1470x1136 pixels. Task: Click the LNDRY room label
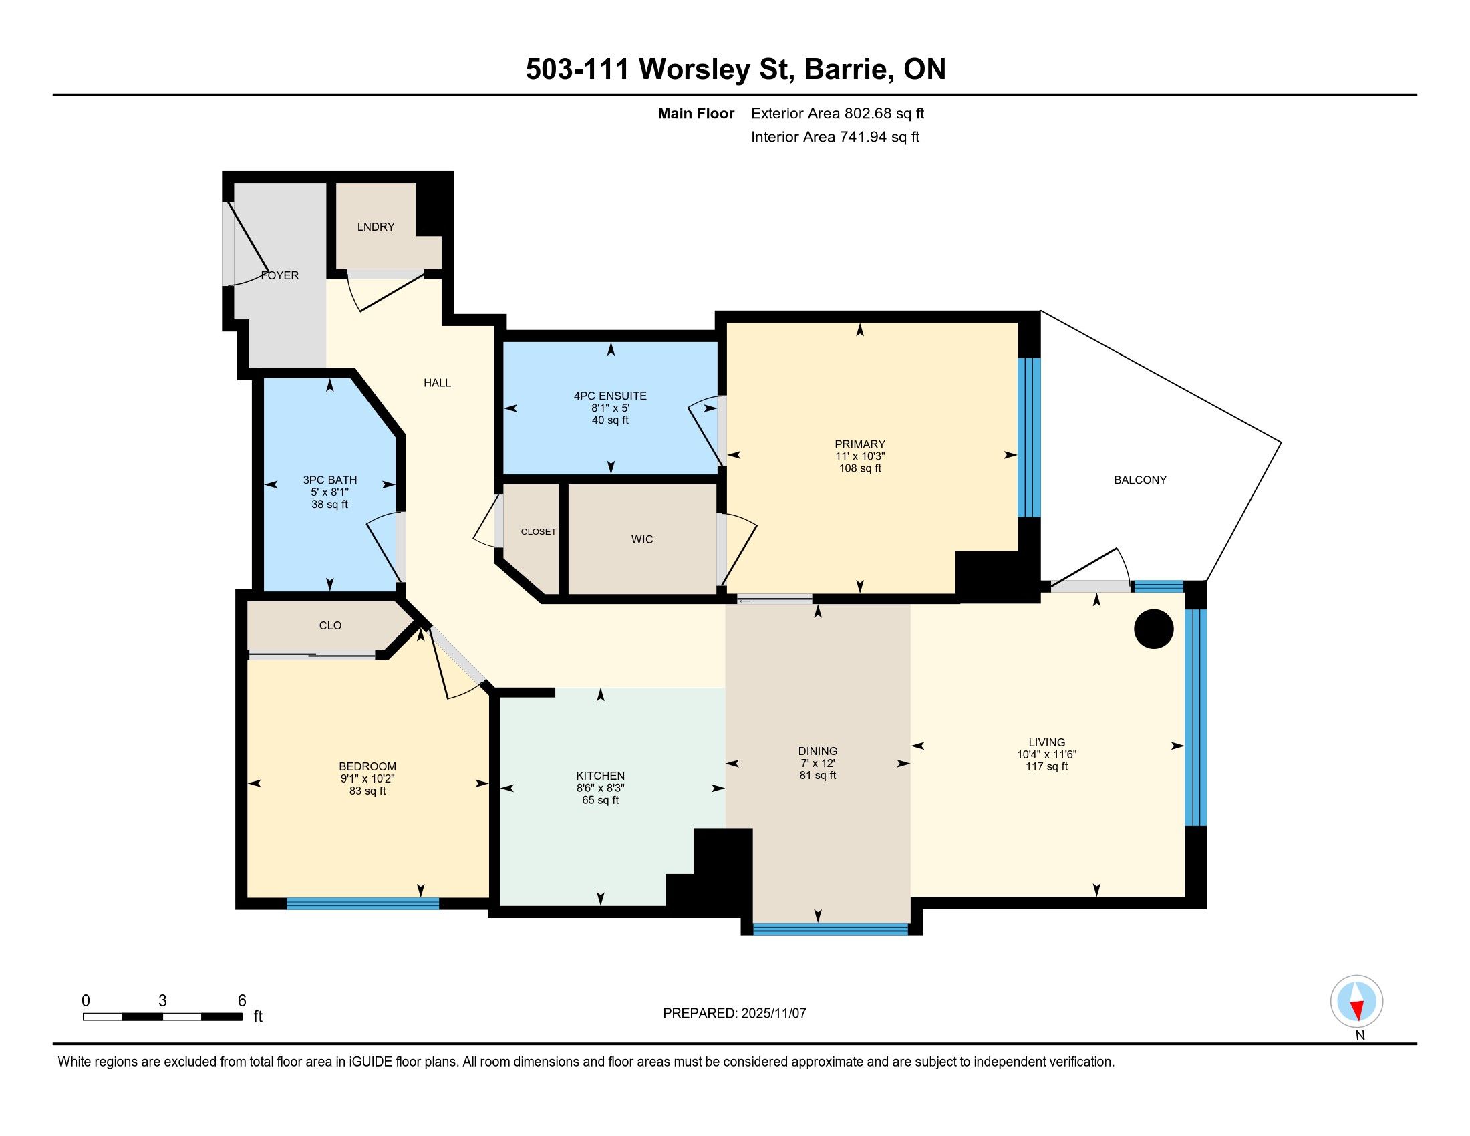pyautogui.click(x=376, y=227)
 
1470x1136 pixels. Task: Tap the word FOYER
pyautogui.click(x=280, y=275)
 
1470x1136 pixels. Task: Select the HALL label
pyautogui.click(x=438, y=383)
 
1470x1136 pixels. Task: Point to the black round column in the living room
pyautogui.click(x=1154, y=629)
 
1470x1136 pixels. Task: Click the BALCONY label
pyautogui.click(x=1140, y=480)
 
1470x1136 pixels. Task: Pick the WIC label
pyautogui.click(x=642, y=539)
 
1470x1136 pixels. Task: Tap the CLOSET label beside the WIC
pyautogui.click(x=539, y=532)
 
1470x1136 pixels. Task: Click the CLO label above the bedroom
pyautogui.click(x=331, y=626)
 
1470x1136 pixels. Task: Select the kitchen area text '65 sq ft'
pyautogui.click(x=601, y=800)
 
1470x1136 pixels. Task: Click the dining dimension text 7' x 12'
pyautogui.click(x=818, y=763)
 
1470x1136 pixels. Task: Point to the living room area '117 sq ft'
pyautogui.click(x=1046, y=766)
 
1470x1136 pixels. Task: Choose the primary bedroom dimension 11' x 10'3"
pyautogui.click(x=860, y=456)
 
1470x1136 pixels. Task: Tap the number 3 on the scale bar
pyautogui.click(x=162, y=1001)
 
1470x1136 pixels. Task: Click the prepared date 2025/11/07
pyautogui.click(x=773, y=1014)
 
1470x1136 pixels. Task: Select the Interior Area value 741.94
pyautogui.click(x=863, y=136)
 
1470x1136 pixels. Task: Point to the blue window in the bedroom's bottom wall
pyautogui.click(x=363, y=904)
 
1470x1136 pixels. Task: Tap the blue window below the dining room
pyautogui.click(x=831, y=930)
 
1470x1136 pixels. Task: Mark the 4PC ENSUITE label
pyautogui.click(x=611, y=396)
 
